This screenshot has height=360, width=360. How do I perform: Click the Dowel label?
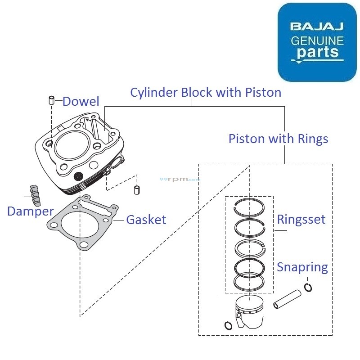(x=81, y=101)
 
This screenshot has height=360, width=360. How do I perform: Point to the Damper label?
(x=30, y=211)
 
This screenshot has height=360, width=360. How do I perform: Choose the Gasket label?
(x=146, y=220)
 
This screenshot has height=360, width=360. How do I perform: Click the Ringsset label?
(x=301, y=220)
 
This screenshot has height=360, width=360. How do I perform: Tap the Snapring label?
(x=302, y=267)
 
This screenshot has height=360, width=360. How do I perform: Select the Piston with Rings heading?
(x=278, y=139)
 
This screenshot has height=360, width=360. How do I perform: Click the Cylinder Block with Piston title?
(x=206, y=92)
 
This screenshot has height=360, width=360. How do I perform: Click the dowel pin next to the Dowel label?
(x=52, y=100)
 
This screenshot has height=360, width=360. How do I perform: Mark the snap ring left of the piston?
(x=228, y=325)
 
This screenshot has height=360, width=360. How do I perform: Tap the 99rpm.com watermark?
(x=180, y=179)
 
